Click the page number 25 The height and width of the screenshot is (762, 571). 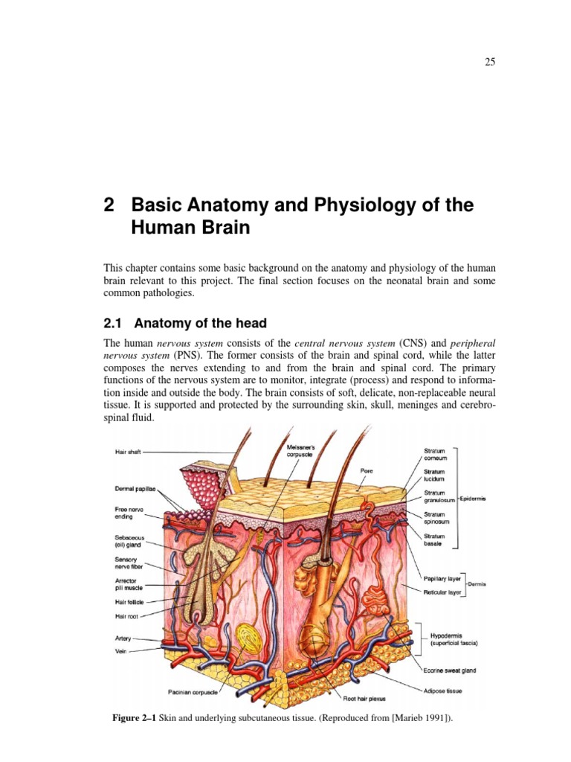point(490,62)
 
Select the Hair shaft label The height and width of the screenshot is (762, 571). point(128,452)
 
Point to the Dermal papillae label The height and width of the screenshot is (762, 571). point(134,489)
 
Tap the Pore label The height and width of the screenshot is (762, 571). point(366,470)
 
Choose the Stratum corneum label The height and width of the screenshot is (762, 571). point(435,454)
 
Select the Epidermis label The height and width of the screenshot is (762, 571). point(473,498)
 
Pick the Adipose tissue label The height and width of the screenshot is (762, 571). point(443,691)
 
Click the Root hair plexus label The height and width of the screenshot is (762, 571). point(364,699)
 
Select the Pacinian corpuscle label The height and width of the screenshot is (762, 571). point(193,692)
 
